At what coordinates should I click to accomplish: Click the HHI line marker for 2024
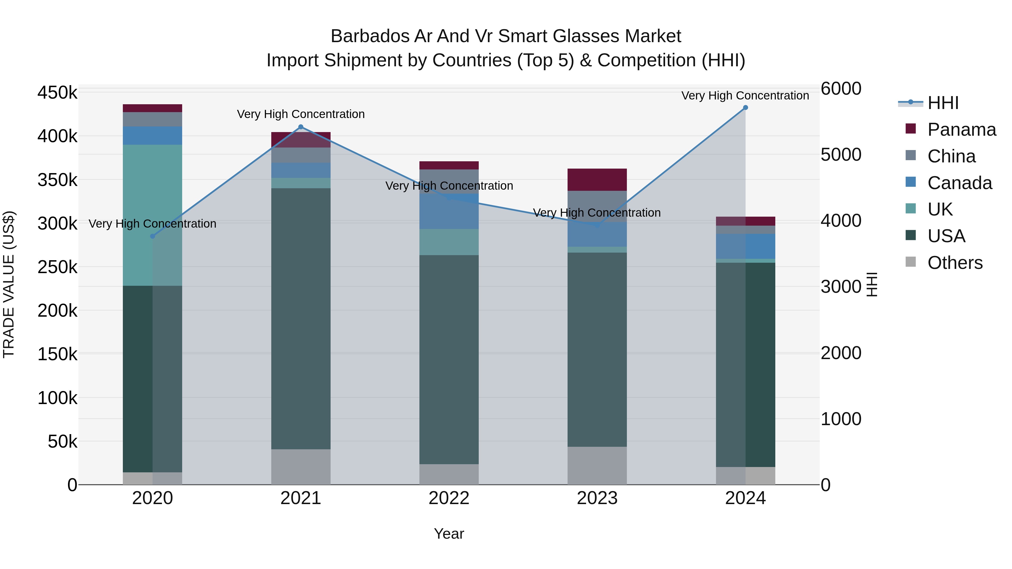click(x=745, y=108)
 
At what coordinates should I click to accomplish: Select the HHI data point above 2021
click(x=301, y=127)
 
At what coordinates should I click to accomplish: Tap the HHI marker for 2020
click(x=153, y=236)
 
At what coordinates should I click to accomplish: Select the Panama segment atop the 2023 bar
click(x=597, y=180)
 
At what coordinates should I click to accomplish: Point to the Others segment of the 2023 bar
click(x=597, y=465)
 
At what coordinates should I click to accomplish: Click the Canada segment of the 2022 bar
click(x=449, y=211)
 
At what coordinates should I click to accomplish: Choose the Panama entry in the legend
click(x=961, y=130)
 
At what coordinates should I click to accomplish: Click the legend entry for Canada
click(x=959, y=183)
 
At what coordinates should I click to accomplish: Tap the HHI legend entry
click(x=943, y=103)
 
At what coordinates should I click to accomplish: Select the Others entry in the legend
click(x=955, y=263)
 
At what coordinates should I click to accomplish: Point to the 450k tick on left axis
click(x=57, y=93)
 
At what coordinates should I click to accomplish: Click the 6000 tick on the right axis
click(x=841, y=89)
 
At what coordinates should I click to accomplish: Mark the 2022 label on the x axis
click(x=449, y=498)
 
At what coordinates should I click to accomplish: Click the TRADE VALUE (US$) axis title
click(x=9, y=284)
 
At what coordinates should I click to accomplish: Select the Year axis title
click(x=449, y=534)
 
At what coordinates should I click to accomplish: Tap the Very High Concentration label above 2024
click(x=745, y=96)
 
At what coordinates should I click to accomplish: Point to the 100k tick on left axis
click(x=57, y=398)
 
